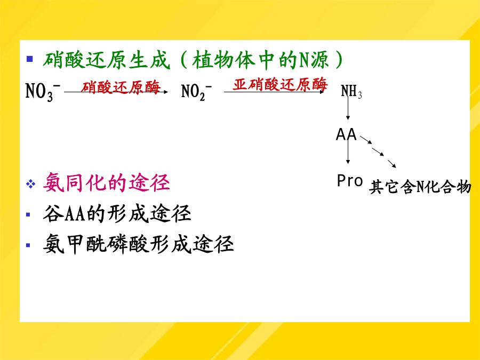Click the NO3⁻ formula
coord(43,92)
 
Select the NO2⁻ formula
coord(196,92)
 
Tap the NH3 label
coord(351,91)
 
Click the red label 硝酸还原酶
coord(121,87)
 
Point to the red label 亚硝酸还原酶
coord(280,84)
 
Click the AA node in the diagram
coord(346,134)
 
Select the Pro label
coord(349,181)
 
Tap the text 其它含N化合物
coord(420,187)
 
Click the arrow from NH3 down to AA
coord(348,107)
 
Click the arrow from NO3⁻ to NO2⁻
coord(116,92)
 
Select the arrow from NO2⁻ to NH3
coord(274,92)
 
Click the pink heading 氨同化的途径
coord(106,183)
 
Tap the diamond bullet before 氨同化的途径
coord(30,184)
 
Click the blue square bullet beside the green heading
coord(30,59)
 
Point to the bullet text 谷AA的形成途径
coord(117,213)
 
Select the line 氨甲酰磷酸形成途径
coord(138,244)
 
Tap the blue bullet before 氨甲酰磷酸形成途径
coord(28,245)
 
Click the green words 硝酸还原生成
coord(106,60)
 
